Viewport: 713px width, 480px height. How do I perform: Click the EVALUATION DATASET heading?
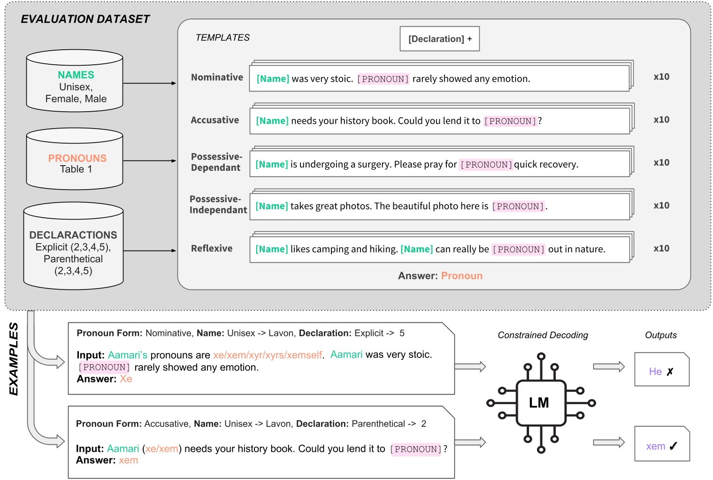(x=85, y=19)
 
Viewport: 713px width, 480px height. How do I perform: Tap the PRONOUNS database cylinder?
(x=75, y=160)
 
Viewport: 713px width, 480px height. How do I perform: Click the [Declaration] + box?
(x=440, y=39)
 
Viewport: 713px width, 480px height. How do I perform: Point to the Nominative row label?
(x=217, y=77)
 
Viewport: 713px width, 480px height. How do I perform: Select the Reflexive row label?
(x=212, y=249)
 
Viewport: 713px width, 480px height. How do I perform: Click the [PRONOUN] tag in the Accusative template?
(x=510, y=121)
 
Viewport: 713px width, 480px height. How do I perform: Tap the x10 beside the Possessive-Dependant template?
(x=661, y=163)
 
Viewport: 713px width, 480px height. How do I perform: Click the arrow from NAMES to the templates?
(x=149, y=84)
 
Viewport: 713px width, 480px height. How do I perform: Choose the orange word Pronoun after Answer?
(x=461, y=276)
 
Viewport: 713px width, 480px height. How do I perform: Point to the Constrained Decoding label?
(x=543, y=335)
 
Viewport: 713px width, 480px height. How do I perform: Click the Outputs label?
(x=660, y=335)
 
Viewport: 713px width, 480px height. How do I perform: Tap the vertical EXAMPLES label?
(x=14, y=359)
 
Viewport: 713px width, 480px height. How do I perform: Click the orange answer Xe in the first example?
(x=126, y=379)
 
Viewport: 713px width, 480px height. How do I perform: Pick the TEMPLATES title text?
(x=222, y=38)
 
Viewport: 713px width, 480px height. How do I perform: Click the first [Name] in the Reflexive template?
(x=272, y=249)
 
